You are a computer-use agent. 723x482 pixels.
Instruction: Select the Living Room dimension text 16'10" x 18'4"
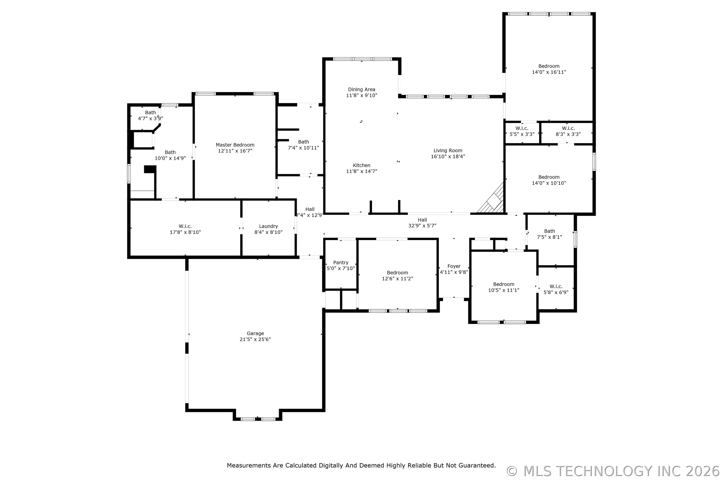(448, 156)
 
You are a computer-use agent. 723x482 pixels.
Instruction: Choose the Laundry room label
(268, 226)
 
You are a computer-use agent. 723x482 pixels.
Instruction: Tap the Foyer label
(454, 266)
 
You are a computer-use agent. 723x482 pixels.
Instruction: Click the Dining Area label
(361, 89)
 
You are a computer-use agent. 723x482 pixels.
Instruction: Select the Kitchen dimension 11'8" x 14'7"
(361, 171)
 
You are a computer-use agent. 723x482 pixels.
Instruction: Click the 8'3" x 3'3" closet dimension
(568, 134)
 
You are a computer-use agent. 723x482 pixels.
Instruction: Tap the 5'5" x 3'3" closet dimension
(522, 134)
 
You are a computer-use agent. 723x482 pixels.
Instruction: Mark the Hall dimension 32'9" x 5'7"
(422, 226)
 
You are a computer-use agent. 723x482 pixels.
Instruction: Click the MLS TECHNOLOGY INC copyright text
(613, 471)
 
